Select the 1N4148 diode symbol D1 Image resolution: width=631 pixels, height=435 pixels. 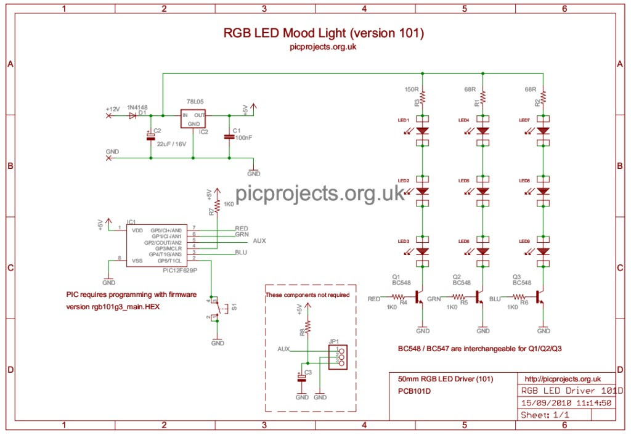[133, 115]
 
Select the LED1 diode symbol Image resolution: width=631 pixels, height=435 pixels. [423, 131]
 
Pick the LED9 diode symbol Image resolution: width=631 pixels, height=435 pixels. [543, 251]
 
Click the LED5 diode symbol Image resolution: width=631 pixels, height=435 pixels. [483, 191]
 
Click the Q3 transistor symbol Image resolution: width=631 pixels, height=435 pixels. [541, 298]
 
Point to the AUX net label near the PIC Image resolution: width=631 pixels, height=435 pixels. [259, 241]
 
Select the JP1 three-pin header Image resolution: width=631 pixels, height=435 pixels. [336, 356]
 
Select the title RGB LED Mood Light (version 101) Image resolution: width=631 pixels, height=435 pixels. [323, 33]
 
